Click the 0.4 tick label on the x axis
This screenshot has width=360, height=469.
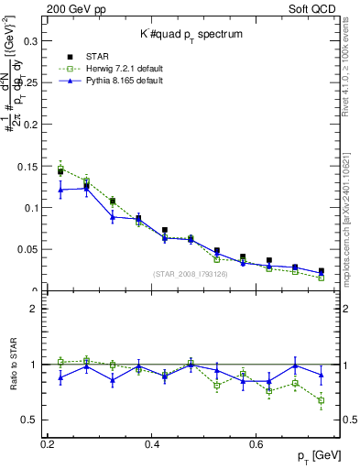[153, 443]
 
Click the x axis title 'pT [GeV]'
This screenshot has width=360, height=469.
[321, 456]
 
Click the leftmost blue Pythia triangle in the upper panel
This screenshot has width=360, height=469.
[60, 190]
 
